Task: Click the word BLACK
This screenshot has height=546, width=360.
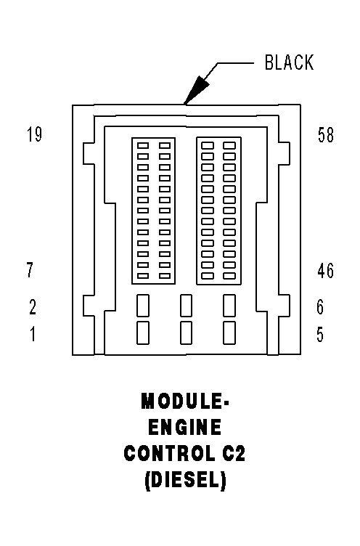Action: click(289, 63)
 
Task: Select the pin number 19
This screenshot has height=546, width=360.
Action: click(33, 135)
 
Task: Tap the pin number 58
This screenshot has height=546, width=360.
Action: click(325, 135)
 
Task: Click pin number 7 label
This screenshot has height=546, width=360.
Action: click(30, 271)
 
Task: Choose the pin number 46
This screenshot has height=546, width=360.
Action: click(325, 271)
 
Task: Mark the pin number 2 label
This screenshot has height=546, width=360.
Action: click(32, 307)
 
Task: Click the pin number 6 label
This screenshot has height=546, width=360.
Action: click(320, 307)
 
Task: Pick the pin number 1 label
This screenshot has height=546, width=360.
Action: click(32, 335)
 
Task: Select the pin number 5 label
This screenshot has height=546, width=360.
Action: click(320, 335)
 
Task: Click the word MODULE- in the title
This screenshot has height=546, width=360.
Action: click(184, 401)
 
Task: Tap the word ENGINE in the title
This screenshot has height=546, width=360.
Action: click(184, 427)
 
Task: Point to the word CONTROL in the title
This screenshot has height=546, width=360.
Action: click(168, 454)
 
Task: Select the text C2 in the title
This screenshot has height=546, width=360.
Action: click(234, 454)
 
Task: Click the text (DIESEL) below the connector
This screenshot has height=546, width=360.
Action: click(184, 481)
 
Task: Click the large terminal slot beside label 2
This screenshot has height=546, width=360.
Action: click(143, 306)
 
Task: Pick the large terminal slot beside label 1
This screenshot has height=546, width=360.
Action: click(143, 333)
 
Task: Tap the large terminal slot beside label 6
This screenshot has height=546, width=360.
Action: click(229, 306)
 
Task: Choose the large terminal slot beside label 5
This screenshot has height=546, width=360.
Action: click(229, 333)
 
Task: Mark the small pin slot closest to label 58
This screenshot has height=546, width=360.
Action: click(229, 145)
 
